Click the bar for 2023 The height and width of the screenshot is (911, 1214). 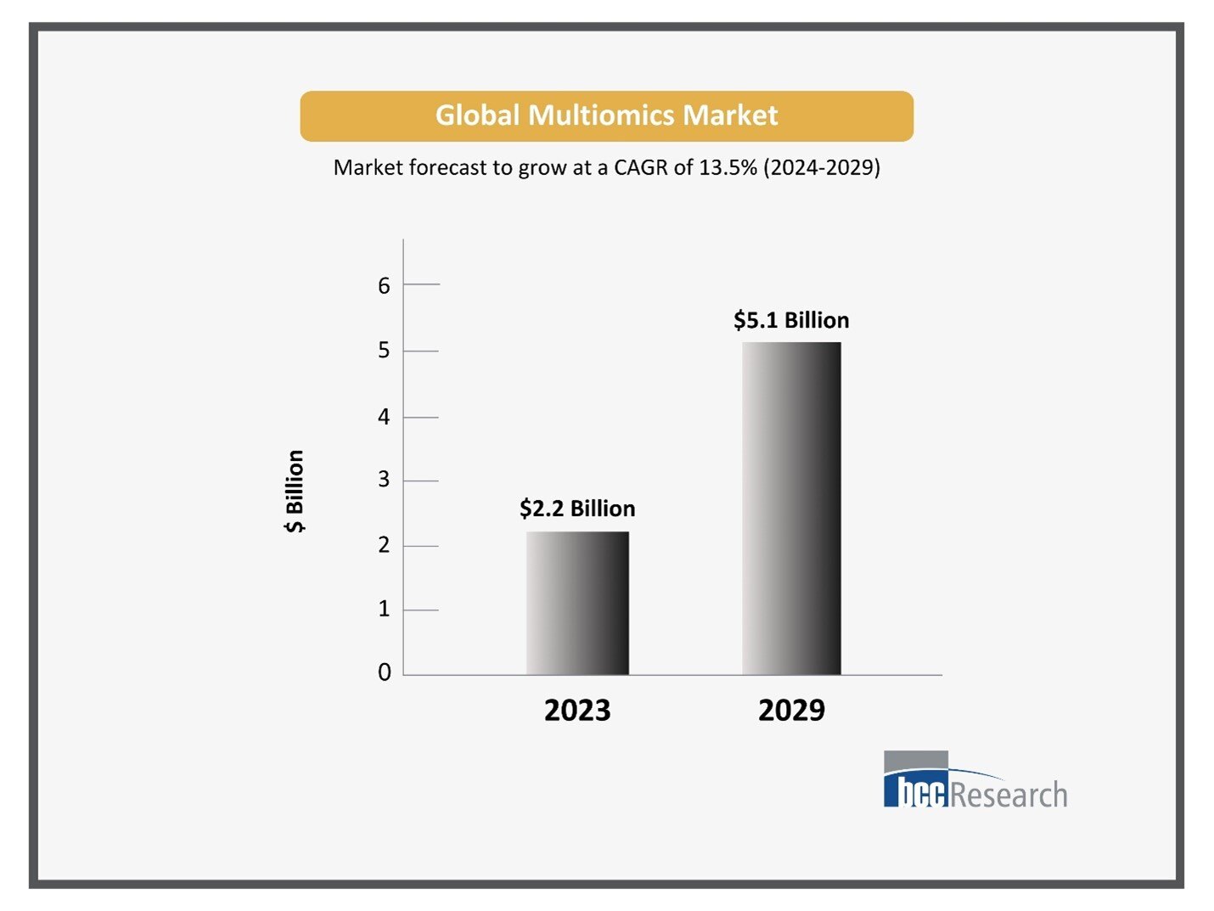[577, 603]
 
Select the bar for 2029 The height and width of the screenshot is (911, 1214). [791, 509]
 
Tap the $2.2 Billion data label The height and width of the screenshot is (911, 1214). [577, 509]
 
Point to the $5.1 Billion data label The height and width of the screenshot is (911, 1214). [791, 320]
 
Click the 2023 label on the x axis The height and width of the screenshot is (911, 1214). [577, 710]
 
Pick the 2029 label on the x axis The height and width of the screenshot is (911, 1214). [791, 710]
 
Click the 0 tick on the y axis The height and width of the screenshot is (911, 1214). [385, 672]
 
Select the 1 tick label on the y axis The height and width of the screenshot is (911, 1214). [385, 609]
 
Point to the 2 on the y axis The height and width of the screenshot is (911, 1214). [385, 545]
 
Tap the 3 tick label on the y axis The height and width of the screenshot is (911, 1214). [385, 480]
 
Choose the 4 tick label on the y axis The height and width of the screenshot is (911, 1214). [385, 417]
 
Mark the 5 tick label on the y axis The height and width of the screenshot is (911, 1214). [385, 350]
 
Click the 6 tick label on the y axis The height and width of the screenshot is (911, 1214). [385, 285]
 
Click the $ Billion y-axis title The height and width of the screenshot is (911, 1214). [295, 491]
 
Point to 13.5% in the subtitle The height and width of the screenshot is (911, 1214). [728, 167]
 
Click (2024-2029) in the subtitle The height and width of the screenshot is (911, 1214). [822, 167]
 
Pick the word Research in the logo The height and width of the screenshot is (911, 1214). [1009, 796]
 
